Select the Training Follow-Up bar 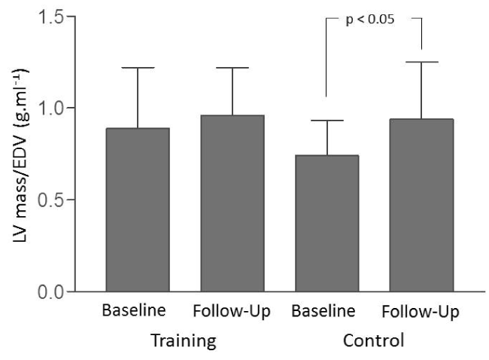232,203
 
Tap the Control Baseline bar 327,223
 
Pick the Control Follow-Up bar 421,205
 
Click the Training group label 184,340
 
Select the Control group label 373,340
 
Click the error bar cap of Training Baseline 138,68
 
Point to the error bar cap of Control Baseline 327,121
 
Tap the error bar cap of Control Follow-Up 421,62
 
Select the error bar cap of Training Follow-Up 232,68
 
